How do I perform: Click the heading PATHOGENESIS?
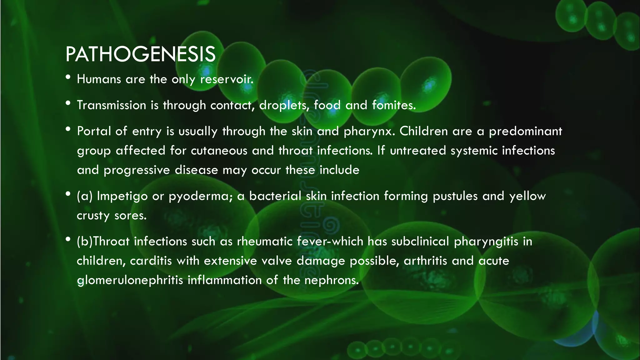pyautogui.click(x=140, y=54)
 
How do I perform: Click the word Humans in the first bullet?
pyautogui.click(x=99, y=79)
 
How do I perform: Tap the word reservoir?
pyautogui.click(x=227, y=79)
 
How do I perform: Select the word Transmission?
pyautogui.click(x=112, y=105)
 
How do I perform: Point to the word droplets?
pyautogui.click(x=284, y=105)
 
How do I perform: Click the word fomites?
pyautogui.click(x=394, y=105)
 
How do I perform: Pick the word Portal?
pyautogui.click(x=94, y=131)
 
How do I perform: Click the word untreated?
pyautogui.click(x=418, y=151)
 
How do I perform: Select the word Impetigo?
pyautogui.click(x=122, y=196)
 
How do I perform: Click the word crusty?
pyautogui.click(x=93, y=216)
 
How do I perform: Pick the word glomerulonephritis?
pyautogui.click(x=130, y=280)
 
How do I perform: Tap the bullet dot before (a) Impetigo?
pyautogui.click(x=68, y=194)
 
